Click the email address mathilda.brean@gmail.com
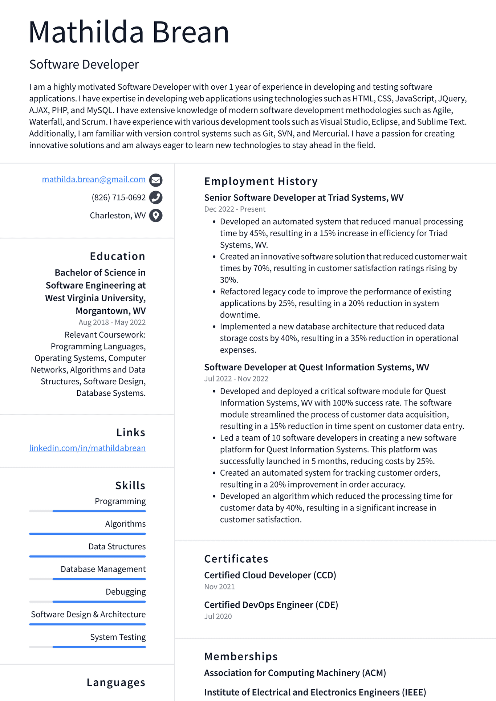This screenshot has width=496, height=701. (x=94, y=179)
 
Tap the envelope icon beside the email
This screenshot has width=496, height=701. (x=156, y=180)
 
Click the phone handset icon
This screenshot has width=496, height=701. (x=156, y=197)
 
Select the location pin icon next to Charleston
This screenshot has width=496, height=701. (x=156, y=216)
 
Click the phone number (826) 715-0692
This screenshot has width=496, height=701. (x=118, y=197)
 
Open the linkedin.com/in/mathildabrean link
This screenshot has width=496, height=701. (x=87, y=448)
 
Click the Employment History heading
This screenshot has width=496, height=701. (x=261, y=181)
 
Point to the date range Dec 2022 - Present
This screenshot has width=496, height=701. (x=235, y=209)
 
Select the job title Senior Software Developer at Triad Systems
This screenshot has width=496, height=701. (x=304, y=197)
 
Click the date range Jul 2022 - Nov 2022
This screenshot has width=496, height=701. (x=236, y=379)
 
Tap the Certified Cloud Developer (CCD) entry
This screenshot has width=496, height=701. (x=270, y=575)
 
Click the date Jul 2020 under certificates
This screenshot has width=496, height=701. (x=218, y=616)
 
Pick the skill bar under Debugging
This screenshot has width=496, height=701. (x=88, y=602)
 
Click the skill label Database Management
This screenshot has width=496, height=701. (x=103, y=569)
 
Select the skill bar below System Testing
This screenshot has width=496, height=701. (x=88, y=647)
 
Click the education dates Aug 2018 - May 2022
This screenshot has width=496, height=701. (x=112, y=322)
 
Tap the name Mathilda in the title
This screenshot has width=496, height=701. (x=86, y=32)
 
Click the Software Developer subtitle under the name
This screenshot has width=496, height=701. (x=84, y=64)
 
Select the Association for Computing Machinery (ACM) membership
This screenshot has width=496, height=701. (x=295, y=673)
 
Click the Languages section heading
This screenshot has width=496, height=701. (x=116, y=682)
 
